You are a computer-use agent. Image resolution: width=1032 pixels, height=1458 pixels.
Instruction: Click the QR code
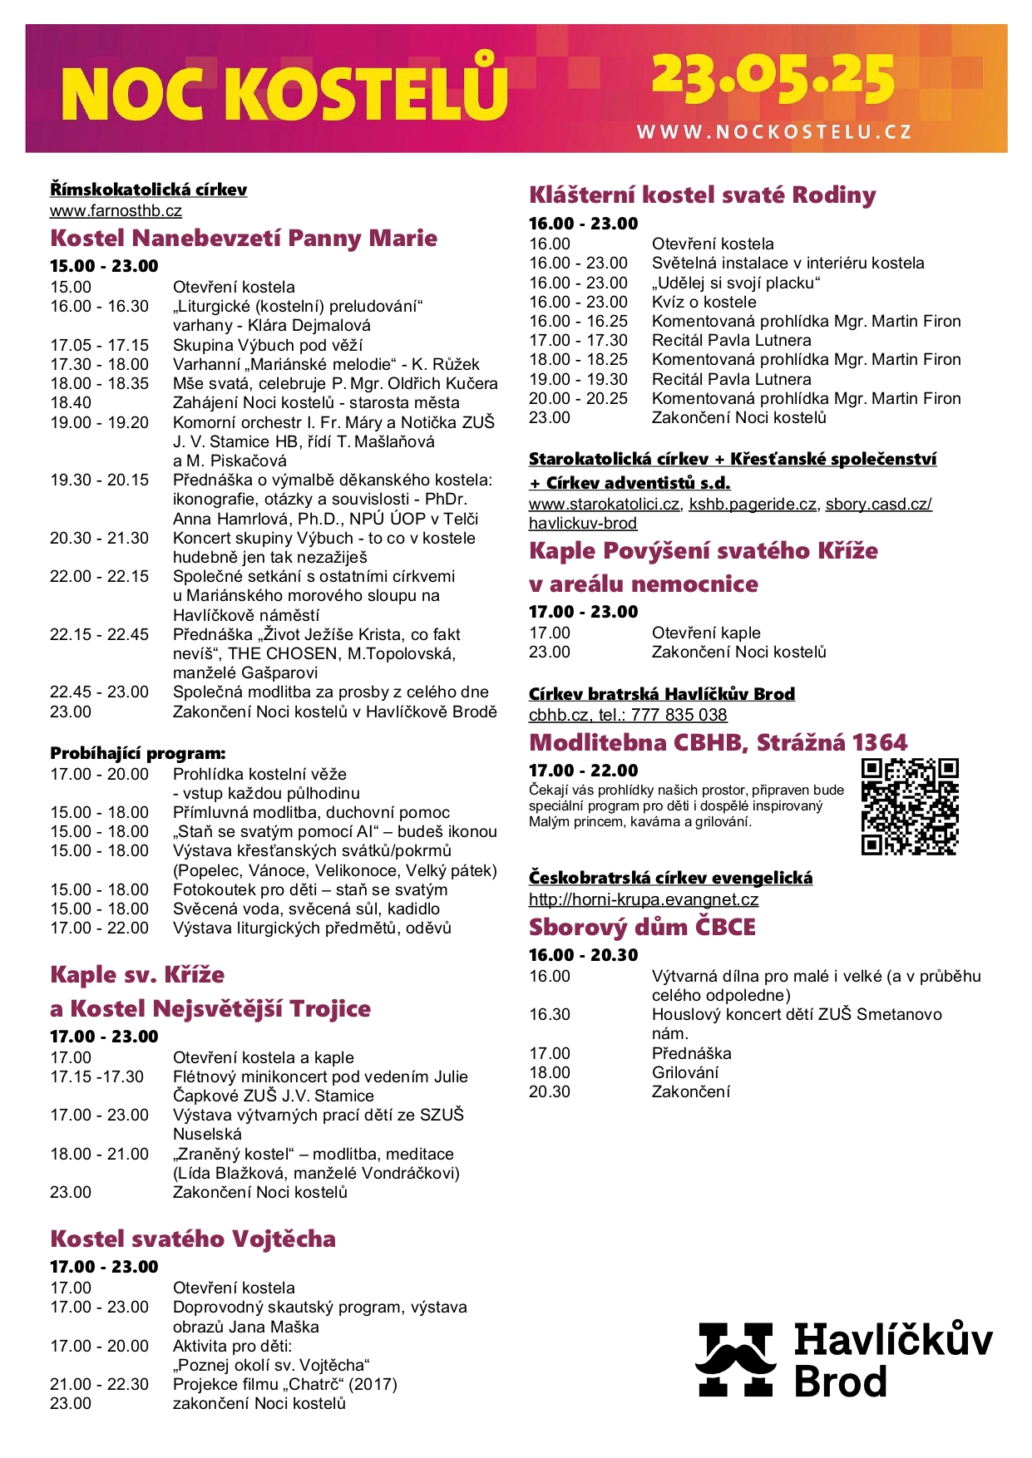(910, 806)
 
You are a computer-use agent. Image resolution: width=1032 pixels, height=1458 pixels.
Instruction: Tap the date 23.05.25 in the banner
(773, 80)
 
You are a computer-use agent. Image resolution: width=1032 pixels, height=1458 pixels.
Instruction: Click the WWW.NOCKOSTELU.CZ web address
(774, 131)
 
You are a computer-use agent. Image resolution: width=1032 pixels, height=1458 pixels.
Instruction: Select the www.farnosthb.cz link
(116, 211)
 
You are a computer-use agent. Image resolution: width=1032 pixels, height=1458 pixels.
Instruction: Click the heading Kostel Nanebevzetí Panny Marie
(244, 239)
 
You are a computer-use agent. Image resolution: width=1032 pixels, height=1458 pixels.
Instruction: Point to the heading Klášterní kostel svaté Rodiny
(703, 195)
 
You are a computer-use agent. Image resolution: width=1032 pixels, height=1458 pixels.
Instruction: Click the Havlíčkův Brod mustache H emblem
(735, 1358)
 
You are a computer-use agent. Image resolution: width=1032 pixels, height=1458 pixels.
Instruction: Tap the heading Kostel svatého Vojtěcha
(193, 1239)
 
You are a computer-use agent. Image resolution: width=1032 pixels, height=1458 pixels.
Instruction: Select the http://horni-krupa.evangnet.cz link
(644, 899)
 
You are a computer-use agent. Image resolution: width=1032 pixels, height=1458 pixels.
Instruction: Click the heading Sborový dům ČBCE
(642, 928)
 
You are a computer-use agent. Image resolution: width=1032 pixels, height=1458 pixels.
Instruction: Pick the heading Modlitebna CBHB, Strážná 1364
(718, 742)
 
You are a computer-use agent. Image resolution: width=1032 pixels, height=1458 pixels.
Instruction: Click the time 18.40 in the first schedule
(71, 403)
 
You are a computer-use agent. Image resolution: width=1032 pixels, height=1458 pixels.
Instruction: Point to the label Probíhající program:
(138, 754)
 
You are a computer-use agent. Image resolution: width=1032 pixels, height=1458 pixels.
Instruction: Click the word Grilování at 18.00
(685, 1073)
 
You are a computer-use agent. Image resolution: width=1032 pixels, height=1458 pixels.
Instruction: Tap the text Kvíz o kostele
(704, 303)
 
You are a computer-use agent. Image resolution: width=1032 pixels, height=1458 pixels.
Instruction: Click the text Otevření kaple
(706, 633)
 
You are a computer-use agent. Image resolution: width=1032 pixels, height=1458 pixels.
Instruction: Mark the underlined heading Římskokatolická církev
(148, 190)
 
